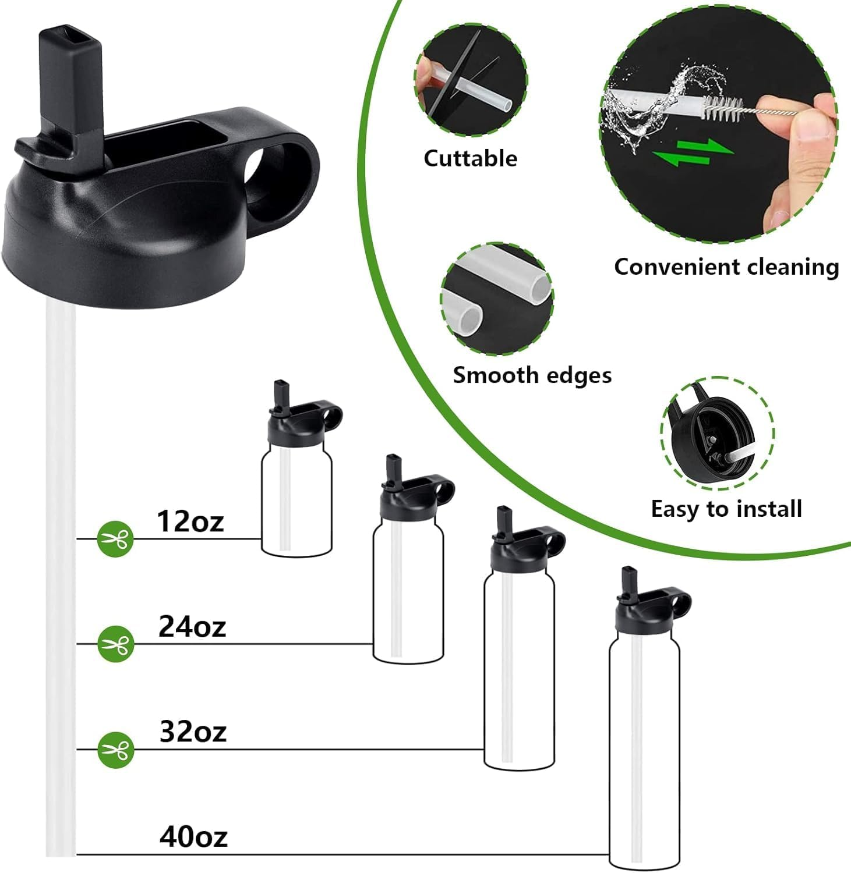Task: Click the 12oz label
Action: (x=190, y=521)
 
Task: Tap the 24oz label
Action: (x=192, y=626)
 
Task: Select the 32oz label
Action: (x=193, y=732)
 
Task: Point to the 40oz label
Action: (x=193, y=836)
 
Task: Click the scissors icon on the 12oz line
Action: (x=115, y=539)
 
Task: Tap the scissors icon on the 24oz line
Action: (x=115, y=644)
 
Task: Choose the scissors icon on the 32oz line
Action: (x=115, y=750)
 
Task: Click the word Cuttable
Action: (x=470, y=158)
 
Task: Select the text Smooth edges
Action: (x=532, y=375)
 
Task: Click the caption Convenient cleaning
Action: (x=726, y=267)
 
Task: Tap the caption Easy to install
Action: (x=726, y=509)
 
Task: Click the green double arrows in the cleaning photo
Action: (x=691, y=151)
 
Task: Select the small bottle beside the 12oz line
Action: (x=296, y=469)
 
